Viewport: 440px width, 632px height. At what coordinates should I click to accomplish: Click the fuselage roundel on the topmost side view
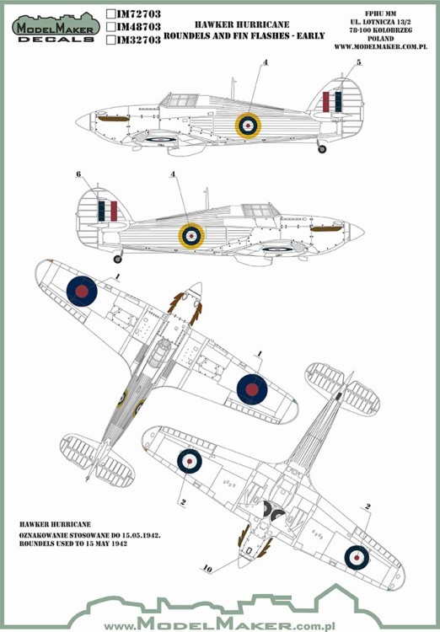[x=247, y=125]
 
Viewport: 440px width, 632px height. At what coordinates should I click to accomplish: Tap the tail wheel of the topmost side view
[x=322, y=150]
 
